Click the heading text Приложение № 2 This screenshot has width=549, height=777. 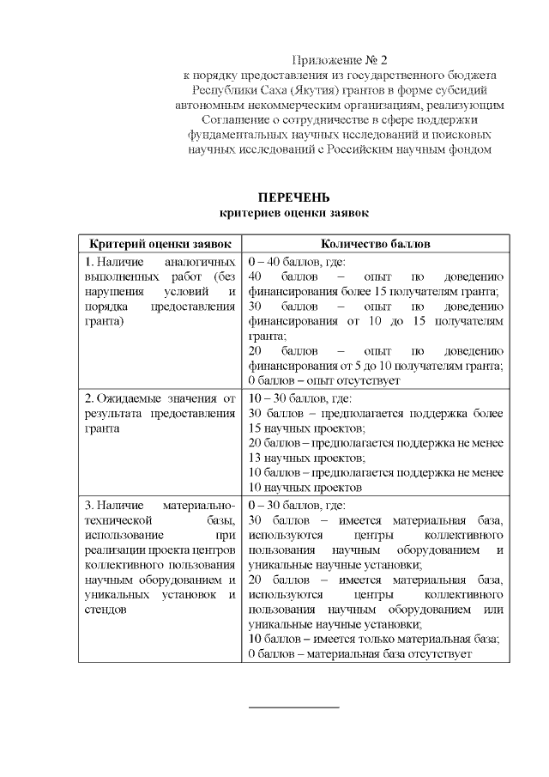[340, 60]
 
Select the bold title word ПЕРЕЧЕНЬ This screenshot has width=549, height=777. [293, 197]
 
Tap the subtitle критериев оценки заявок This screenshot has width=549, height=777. [293, 211]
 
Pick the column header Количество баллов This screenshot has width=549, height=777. [376, 244]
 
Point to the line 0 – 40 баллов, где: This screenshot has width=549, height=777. [296, 261]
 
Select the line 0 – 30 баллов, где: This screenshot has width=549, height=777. [296, 505]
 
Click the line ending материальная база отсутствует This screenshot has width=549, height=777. [359, 654]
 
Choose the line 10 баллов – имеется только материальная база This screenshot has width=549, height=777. [373, 639]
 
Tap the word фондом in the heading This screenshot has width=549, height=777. [470, 149]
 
